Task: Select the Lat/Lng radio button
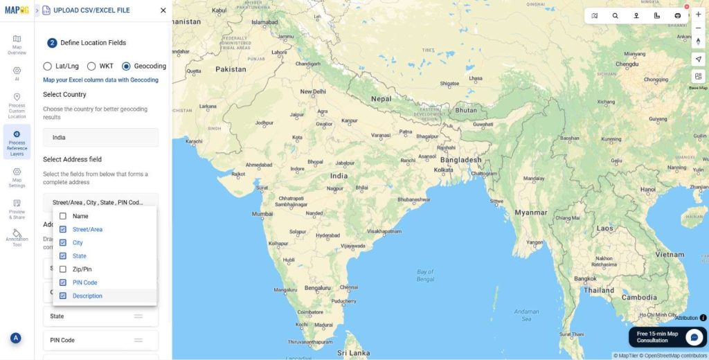click(x=48, y=66)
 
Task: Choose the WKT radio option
click(x=91, y=66)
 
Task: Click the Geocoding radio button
click(x=126, y=66)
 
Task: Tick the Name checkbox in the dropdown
click(x=63, y=216)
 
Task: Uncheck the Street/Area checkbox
click(x=63, y=229)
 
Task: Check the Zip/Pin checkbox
click(x=63, y=269)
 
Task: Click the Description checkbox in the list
click(x=63, y=296)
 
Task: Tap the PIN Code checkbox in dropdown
click(x=63, y=282)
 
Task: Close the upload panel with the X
click(x=163, y=10)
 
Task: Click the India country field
click(x=100, y=137)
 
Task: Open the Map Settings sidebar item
click(x=17, y=177)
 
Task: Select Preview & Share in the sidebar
click(x=17, y=208)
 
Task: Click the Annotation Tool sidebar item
click(x=17, y=237)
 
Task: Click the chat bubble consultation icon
click(x=694, y=337)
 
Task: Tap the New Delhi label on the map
click(x=312, y=91)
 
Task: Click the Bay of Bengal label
click(x=425, y=275)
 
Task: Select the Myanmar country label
click(x=531, y=213)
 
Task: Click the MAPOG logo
click(x=17, y=10)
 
